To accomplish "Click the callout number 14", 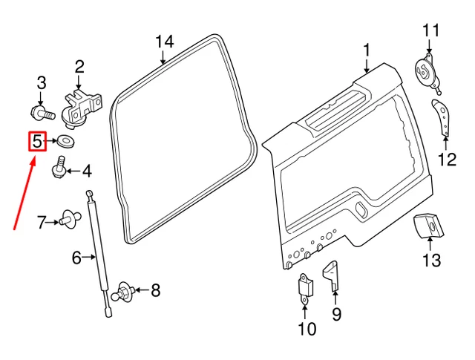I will click(x=165, y=41).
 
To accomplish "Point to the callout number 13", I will click(x=431, y=260).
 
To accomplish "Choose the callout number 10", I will click(x=307, y=328).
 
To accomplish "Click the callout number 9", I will click(x=336, y=315).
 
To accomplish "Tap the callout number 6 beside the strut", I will click(x=76, y=258).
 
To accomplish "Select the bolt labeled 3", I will click(x=42, y=114).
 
